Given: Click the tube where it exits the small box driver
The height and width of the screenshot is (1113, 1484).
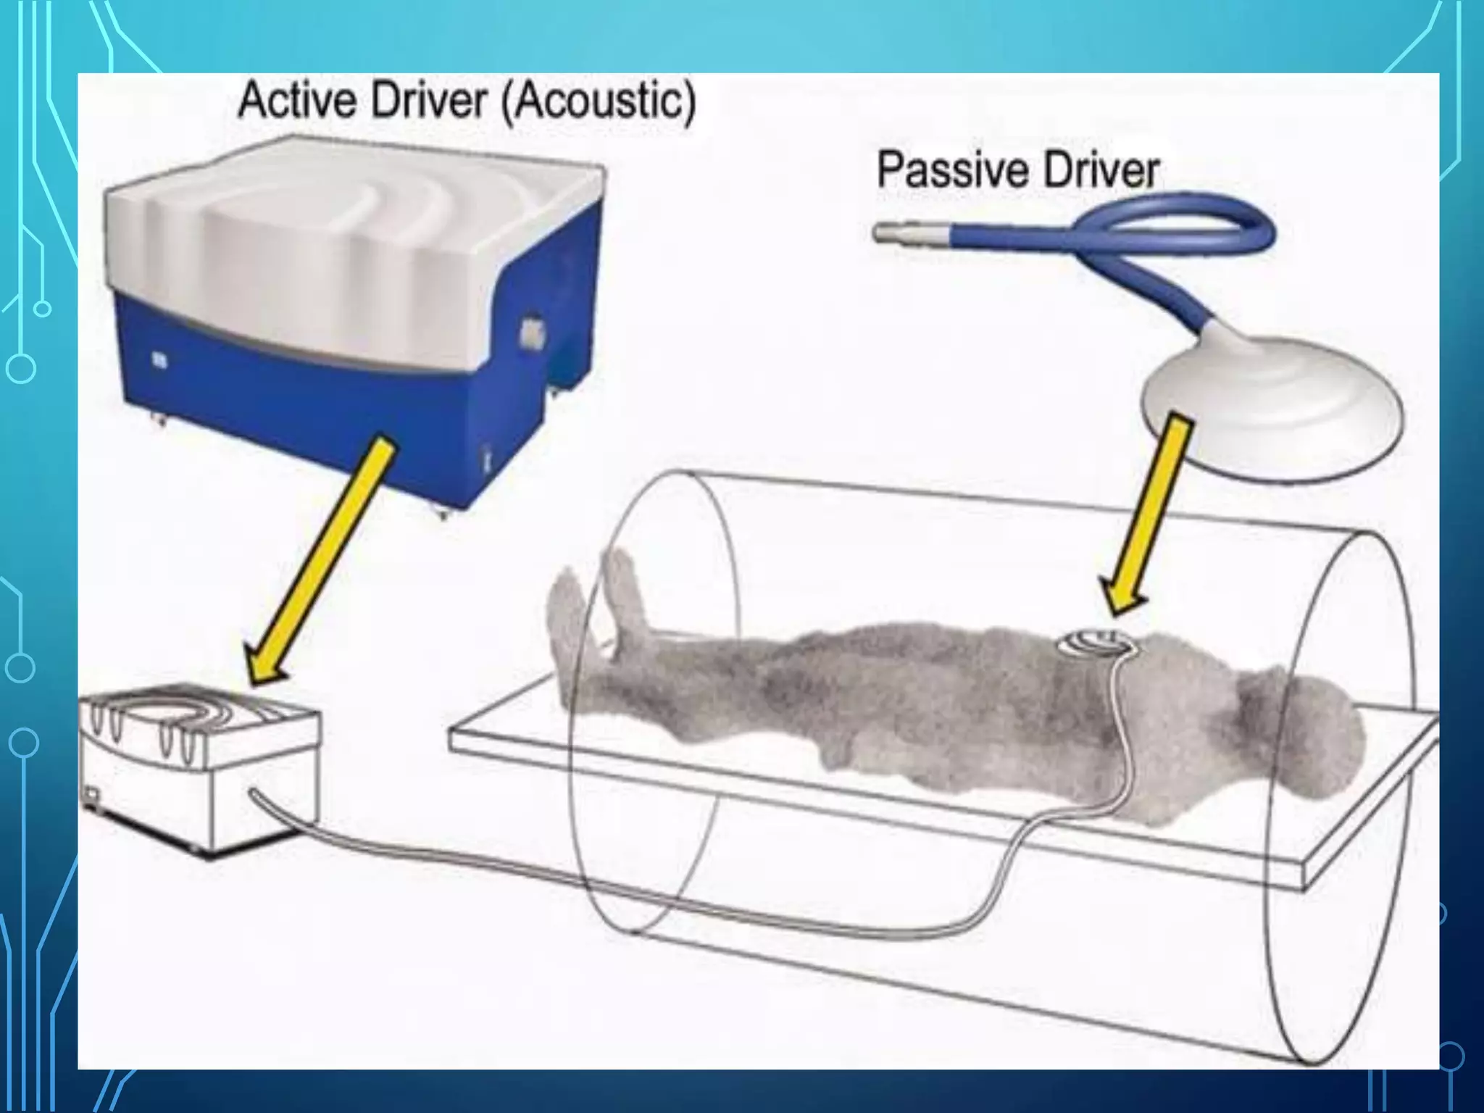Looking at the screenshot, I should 258,796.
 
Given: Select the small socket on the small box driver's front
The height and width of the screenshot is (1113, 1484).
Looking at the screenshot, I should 91,796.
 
